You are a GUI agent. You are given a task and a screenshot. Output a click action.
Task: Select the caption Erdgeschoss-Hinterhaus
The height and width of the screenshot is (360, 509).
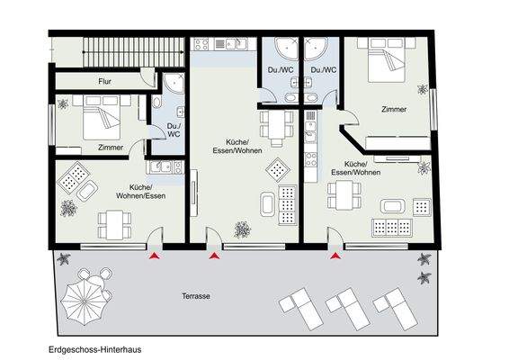coord(95,347)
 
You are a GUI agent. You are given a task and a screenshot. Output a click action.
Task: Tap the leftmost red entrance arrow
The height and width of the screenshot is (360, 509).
coord(155,258)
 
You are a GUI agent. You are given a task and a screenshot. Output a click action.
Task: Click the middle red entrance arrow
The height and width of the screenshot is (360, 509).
coord(214,258)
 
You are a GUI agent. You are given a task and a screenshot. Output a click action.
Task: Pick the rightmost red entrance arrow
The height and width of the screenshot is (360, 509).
coord(336,258)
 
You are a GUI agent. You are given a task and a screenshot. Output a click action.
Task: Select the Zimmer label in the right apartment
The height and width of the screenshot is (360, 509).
coord(393,109)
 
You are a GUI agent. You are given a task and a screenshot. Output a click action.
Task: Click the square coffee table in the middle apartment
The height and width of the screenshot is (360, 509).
coord(280,165)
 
